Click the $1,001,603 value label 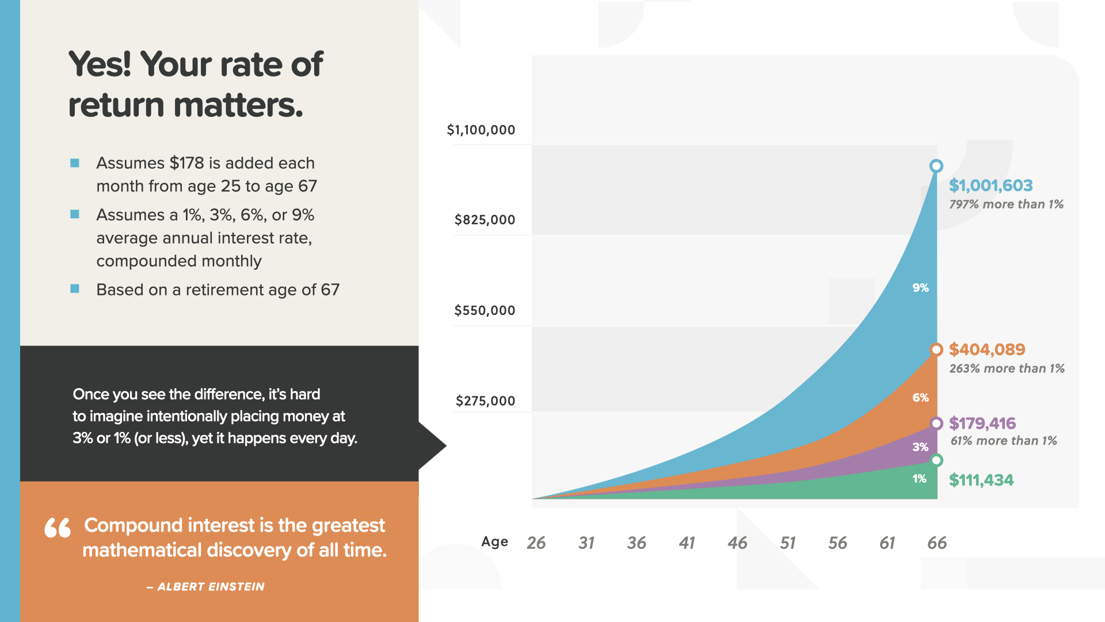click(990, 185)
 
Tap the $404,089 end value click(987, 350)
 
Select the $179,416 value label click(982, 423)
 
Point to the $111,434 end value click(981, 480)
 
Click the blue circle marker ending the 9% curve click(936, 166)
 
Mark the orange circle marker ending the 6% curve click(936, 350)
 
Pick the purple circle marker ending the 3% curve click(936, 423)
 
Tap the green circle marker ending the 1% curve click(936, 460)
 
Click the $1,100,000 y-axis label click(481, 130)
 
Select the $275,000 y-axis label click(485, 401)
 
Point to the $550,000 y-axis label click(485, 310)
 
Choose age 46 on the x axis click(737, 543)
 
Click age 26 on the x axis click(536, 543)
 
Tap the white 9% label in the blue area click(920, 288)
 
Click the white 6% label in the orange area click(920, 397)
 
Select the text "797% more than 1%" click(1006, 204)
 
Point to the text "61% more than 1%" click(1004, 441)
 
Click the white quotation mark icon click(58, 528)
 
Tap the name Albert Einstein click(211, 587)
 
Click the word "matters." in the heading click(238, 105)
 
